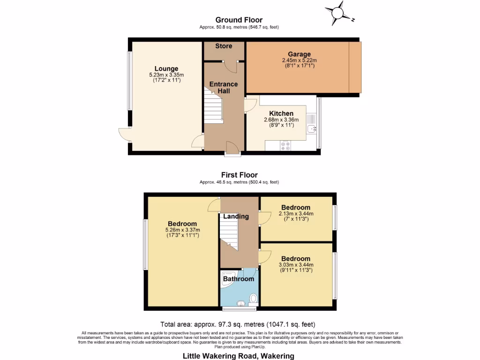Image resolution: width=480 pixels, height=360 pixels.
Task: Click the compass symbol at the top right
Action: (338, 14)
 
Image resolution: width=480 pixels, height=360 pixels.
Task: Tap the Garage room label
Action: (299, 54)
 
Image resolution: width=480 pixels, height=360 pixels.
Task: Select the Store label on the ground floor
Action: (224, 46)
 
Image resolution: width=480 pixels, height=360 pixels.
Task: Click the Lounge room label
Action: (166, 69)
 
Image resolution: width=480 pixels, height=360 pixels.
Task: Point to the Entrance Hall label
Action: (223, 87)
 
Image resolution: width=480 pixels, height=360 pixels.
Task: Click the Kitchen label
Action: (281, 113)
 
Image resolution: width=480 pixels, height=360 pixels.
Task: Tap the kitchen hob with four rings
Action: (285, 146)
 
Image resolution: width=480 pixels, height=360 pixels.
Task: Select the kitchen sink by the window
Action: (311, 128)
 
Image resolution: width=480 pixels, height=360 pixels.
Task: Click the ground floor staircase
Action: (212, 108)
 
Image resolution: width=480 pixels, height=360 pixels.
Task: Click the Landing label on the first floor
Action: (236, 216)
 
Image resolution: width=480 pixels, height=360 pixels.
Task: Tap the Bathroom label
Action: (238, 279)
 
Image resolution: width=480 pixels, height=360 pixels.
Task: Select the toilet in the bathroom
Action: (253, 298)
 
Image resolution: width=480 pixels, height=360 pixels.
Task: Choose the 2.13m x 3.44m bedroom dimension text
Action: (296, 214)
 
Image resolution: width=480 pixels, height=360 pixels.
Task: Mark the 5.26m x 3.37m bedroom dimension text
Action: (183, 230)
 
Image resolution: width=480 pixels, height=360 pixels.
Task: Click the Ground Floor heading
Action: (239, 20)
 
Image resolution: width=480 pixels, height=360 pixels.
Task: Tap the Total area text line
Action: (238, 324)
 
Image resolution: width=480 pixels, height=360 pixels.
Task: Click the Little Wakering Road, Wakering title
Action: (238, 356)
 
